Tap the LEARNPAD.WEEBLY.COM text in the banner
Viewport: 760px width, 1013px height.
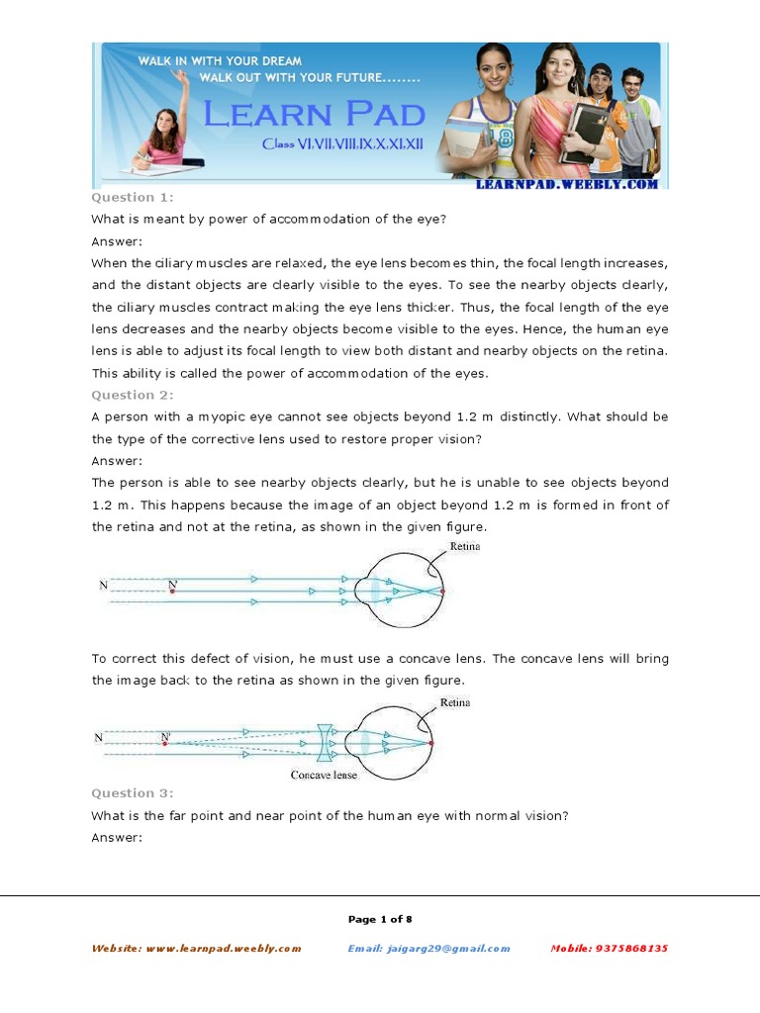pyautogui.click(x=566, y=184)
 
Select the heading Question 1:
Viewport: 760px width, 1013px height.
pyautogui.click(x=132, y=198)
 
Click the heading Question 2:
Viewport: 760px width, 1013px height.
pyautogui.click(x=132, y=395)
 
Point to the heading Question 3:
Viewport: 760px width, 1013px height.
pyautogui.click(x=132, y=792)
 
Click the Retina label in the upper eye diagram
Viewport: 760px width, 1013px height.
pyautogui.click(x=464, y=546)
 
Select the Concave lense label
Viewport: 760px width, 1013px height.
pyautogui.click(x=324, y=775)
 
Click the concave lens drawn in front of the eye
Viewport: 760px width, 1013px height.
pyautogui.click(x=325, y=741)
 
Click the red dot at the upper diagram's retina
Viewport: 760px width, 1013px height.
pyautogui.click(x=442, y=592)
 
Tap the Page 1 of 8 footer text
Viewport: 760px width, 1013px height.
pyautogui.click(x=380, y=919)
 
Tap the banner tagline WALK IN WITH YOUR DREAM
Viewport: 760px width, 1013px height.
pyautogui.click(x=220, y=61)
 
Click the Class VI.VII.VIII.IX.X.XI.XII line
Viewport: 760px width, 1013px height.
pyautogui.click(x=342, y=144)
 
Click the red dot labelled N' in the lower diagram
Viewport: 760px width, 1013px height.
pyautogui.click(x=165, y=743)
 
